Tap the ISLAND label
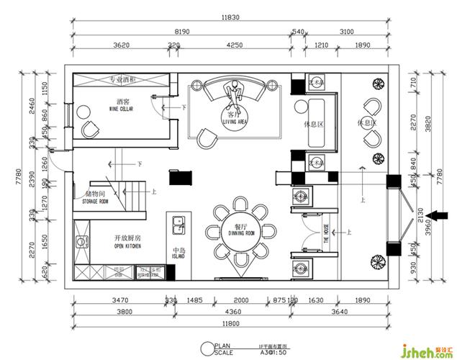(x=179, y=256)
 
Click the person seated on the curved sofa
(x=232, y=91)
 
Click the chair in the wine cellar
(x=91, y=127)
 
